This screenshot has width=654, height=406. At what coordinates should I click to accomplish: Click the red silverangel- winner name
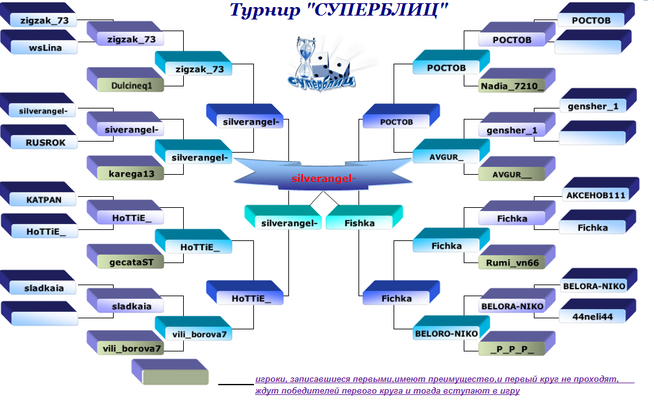point(323,179)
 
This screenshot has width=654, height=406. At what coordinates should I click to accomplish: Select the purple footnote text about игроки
point(437,385)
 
